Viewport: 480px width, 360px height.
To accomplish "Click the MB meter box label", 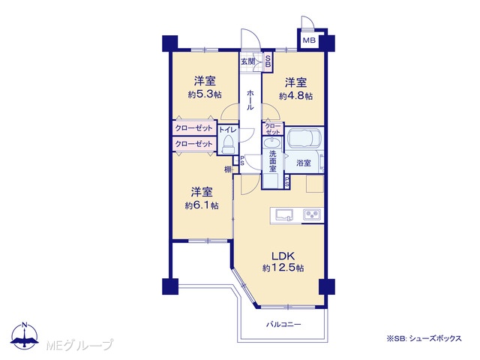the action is point(309,40).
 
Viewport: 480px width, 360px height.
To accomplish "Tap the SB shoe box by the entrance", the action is point(268,61).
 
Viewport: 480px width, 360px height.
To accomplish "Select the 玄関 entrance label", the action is point(248,61).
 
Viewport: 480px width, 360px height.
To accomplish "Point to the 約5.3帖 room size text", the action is point(205,94).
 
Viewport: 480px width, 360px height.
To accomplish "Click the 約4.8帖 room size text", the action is point(295,96).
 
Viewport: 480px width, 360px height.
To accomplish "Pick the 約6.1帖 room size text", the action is point(202,205).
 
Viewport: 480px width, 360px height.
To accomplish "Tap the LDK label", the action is point(283,256).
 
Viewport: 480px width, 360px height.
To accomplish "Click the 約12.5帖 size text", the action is point(283,268).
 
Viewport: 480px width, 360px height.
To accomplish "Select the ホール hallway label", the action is point(250,100).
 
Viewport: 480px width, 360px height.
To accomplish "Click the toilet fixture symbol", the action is point(227,145).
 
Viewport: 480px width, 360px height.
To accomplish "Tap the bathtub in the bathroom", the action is point(304,138).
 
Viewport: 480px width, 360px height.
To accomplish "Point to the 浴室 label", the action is point(303,163).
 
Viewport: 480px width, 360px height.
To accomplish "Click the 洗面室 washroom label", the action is point(273,161).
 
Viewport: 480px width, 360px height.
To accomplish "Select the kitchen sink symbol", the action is point(284,214).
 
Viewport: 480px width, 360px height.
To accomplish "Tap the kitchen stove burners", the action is point(312,214).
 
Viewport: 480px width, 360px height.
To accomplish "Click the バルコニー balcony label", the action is point(283,325).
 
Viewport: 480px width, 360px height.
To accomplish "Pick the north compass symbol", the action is point(25,335).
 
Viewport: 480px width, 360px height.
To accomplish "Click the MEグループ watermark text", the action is point(79,345).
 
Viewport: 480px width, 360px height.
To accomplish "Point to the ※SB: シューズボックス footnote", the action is point(424,338).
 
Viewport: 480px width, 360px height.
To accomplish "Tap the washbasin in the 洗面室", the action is point(272,143).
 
